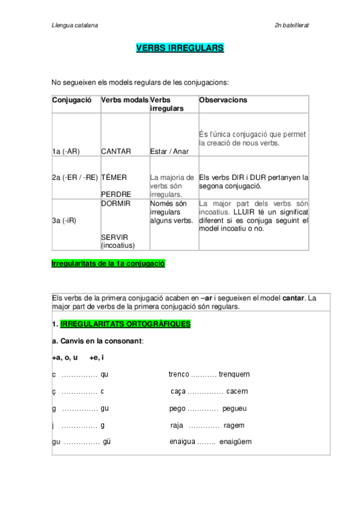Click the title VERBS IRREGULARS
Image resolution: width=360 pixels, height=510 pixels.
tap(180, 48)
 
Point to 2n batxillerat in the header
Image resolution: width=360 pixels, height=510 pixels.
tap(291, 25)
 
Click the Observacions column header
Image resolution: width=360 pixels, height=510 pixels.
tap(223, 100)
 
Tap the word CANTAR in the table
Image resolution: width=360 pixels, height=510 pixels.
tap(116, 152)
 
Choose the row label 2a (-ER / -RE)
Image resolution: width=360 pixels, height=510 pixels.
tap(75, 177)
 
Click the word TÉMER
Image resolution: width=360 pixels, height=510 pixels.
tap(114, 177)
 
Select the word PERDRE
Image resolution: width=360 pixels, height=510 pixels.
tap(116, 194)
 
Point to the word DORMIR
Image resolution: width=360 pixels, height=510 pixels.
tap(115, 203)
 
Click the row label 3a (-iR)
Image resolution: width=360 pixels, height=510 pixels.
tap(63, 220)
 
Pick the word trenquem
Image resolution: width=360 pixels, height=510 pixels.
tap(234, 374)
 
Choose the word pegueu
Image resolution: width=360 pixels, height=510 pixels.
tap(234, 408)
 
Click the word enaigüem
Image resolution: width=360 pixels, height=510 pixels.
tap(236, 441)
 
